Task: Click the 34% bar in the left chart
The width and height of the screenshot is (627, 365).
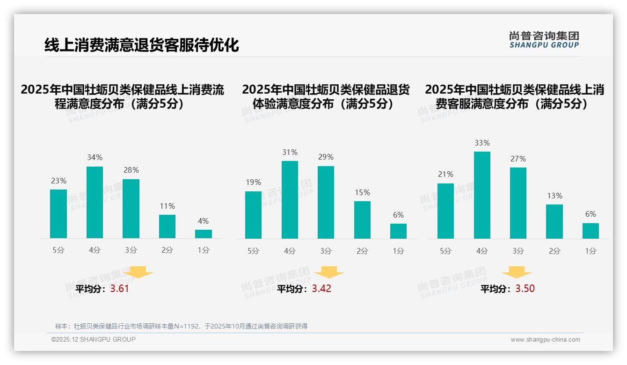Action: click(x=95, y=202)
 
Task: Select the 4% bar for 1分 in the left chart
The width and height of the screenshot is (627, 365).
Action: click(x=204, y=234)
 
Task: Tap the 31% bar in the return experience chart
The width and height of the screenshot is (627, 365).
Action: click(x=290, y=200)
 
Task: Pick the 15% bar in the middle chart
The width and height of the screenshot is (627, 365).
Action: click(x=362, y=220)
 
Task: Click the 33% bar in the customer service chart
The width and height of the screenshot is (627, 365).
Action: click(x=482, y=195)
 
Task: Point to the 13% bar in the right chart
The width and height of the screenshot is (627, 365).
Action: click(x=554, y=221)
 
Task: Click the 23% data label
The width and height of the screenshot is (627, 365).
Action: click(x=58, y=181)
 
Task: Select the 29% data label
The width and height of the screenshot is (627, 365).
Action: click(x=326, y=157)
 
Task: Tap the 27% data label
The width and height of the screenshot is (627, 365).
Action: click(x=518, y=159)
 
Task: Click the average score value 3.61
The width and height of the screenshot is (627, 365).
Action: click(x=119, y=289)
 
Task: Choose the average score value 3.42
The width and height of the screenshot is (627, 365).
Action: click(x=321, y=289)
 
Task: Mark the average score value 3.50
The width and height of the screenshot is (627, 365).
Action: click(x=525, y=289)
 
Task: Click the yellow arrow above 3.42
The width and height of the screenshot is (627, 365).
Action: click(x=329, y=272)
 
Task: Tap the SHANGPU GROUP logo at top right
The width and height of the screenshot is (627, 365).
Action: click(x=544, y=40)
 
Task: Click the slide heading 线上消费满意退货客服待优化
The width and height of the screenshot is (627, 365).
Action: click(x=141, y=45)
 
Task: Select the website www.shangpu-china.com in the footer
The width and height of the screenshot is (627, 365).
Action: click(x=545, y=340)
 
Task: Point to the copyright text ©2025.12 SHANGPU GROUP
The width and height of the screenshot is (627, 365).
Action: click(x=93, y=339)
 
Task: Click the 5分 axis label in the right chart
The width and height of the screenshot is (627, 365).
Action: click(x=445, y=251)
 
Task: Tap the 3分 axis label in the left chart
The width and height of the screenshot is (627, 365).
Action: click(x=131, y=250)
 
